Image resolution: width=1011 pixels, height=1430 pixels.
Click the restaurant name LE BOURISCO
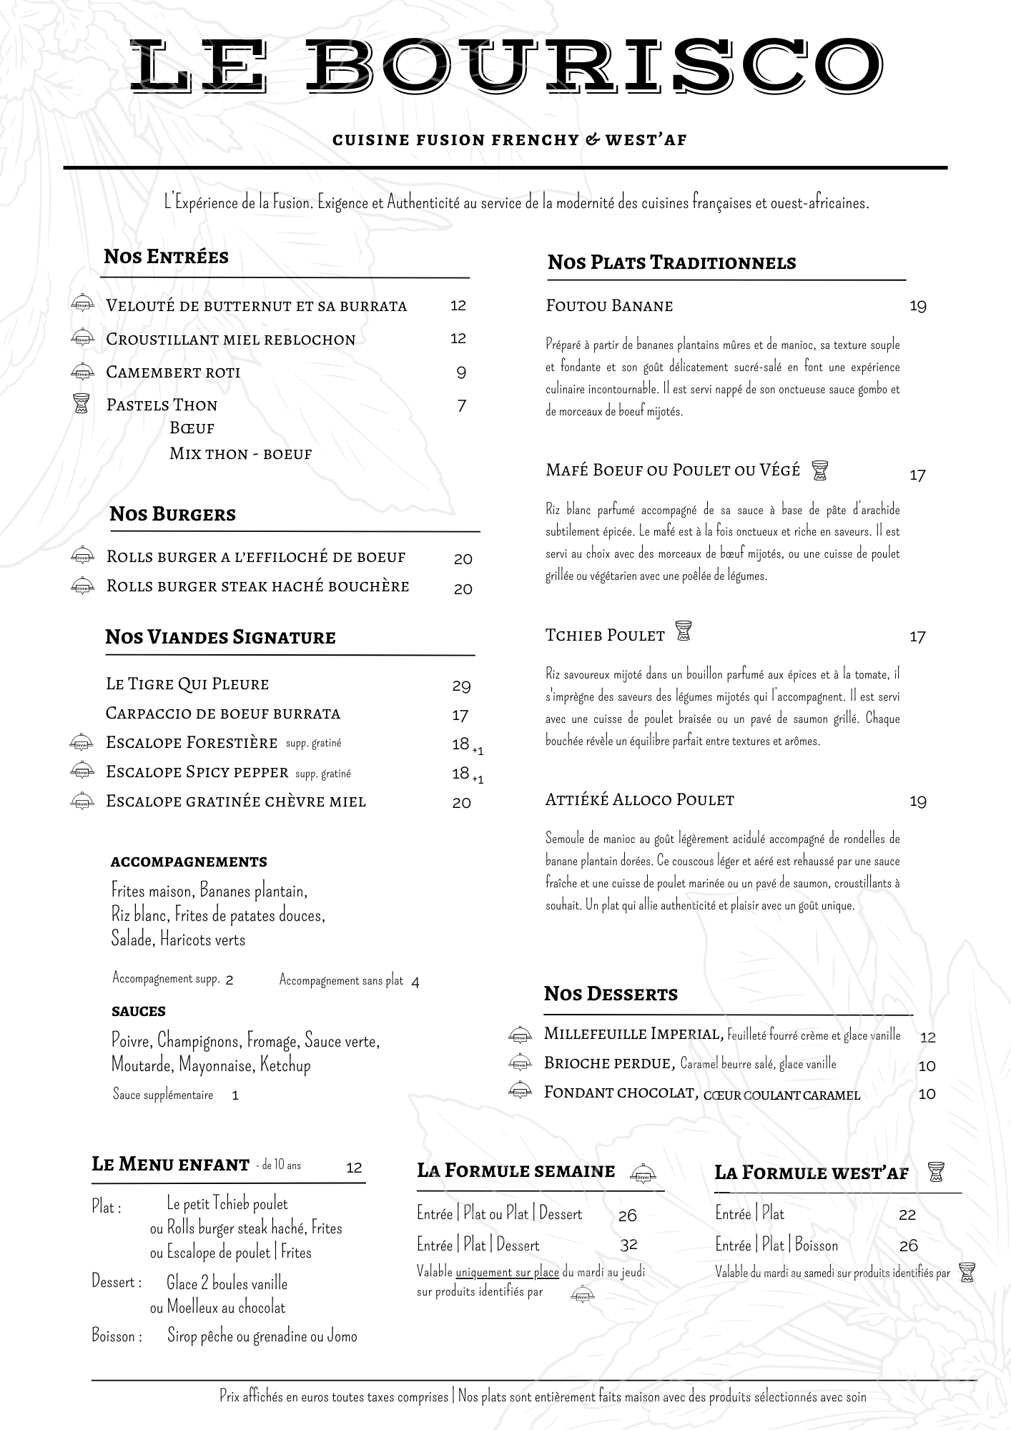coord(505,66)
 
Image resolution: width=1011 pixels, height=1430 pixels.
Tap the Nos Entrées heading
coord(166,257)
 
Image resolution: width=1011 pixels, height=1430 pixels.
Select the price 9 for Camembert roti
coord(461,373)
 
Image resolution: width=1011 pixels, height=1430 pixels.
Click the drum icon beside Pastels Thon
coord(82,404)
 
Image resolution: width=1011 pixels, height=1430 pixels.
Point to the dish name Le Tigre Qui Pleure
coord(187,684)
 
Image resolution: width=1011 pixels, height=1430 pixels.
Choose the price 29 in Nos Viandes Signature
coord(461,686)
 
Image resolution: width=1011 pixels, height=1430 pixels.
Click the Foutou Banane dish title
coord(609,306)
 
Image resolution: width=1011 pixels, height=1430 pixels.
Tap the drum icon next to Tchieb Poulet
coord(684,632)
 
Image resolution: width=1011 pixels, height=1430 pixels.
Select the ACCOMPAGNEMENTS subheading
coord(189,862)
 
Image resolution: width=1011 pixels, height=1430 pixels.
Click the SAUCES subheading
coord(138,1012)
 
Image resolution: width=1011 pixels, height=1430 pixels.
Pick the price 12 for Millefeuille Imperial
coord(927,1037)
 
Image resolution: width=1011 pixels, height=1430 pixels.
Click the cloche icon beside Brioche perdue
coord(520,1063)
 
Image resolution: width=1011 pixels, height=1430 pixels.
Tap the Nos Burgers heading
coord(172,514)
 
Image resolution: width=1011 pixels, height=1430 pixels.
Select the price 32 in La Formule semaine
coord(628,1245)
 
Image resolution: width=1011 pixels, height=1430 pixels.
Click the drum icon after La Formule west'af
coord(935,1172)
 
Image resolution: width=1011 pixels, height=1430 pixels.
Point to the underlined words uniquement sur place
coord(507,1272)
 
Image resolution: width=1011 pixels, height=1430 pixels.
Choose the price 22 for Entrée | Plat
coord(907,1215)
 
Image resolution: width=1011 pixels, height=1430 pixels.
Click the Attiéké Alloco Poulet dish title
coord(639,800)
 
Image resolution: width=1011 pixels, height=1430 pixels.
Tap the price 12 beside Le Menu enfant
coord(354,1168)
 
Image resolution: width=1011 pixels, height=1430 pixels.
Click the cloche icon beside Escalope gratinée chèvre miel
coord(82,802)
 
